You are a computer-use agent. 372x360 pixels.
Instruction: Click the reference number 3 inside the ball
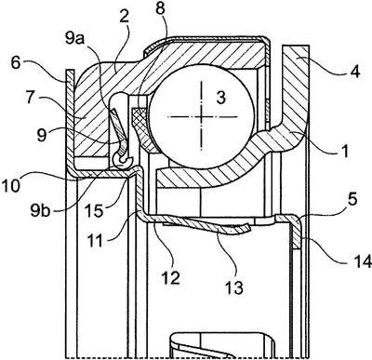(x=220, y=99)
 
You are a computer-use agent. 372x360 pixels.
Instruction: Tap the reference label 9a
(x=75, y=38)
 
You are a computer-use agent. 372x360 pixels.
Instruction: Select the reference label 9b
(x=40, y=210)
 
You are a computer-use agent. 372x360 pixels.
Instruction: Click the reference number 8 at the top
(x=160, y=9)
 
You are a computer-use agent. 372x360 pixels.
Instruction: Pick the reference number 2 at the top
(x=124, y=17)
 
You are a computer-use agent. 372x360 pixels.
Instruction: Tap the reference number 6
(x=16, y=64)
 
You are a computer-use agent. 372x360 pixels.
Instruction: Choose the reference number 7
(x=31, y=99)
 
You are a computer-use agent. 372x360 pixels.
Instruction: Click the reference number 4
(x=354, y=72)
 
